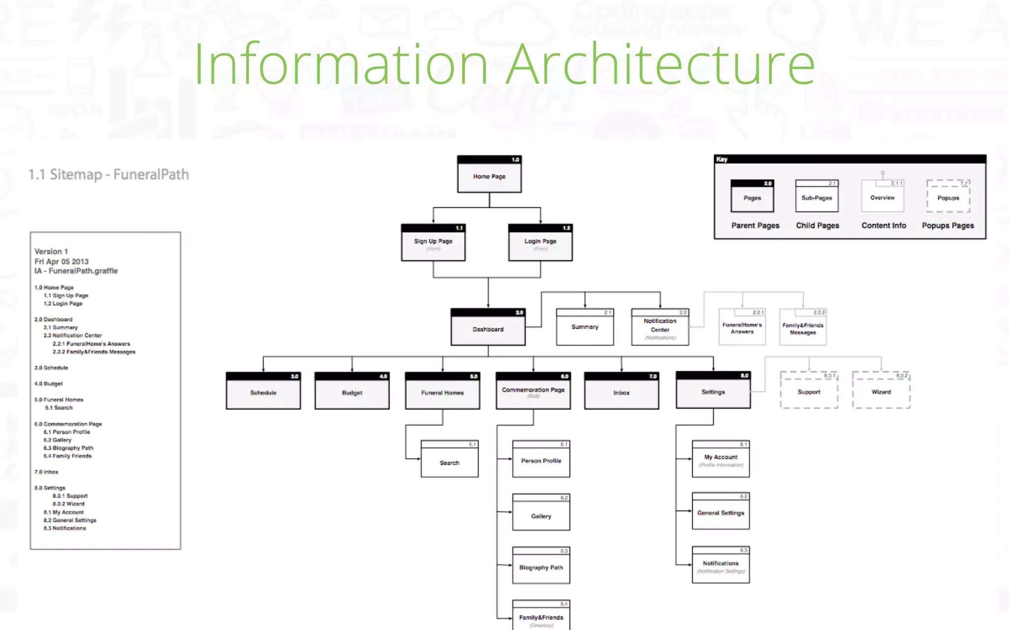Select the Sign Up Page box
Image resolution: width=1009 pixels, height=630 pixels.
click(x=433, y=243)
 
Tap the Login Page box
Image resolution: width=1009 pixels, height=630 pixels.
click(x=540, y=243)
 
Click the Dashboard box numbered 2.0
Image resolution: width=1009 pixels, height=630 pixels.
click(x=488, y=328)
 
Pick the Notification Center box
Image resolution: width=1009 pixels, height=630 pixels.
click(x=660, y=327)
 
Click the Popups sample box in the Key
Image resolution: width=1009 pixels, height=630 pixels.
click(x=948, y=197)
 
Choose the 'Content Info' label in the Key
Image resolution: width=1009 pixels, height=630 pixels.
click(x=883, y=225)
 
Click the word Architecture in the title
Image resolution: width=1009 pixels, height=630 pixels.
click(x=660, y=64)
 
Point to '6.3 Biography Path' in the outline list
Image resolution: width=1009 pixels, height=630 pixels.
click(x=68, y=448)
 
